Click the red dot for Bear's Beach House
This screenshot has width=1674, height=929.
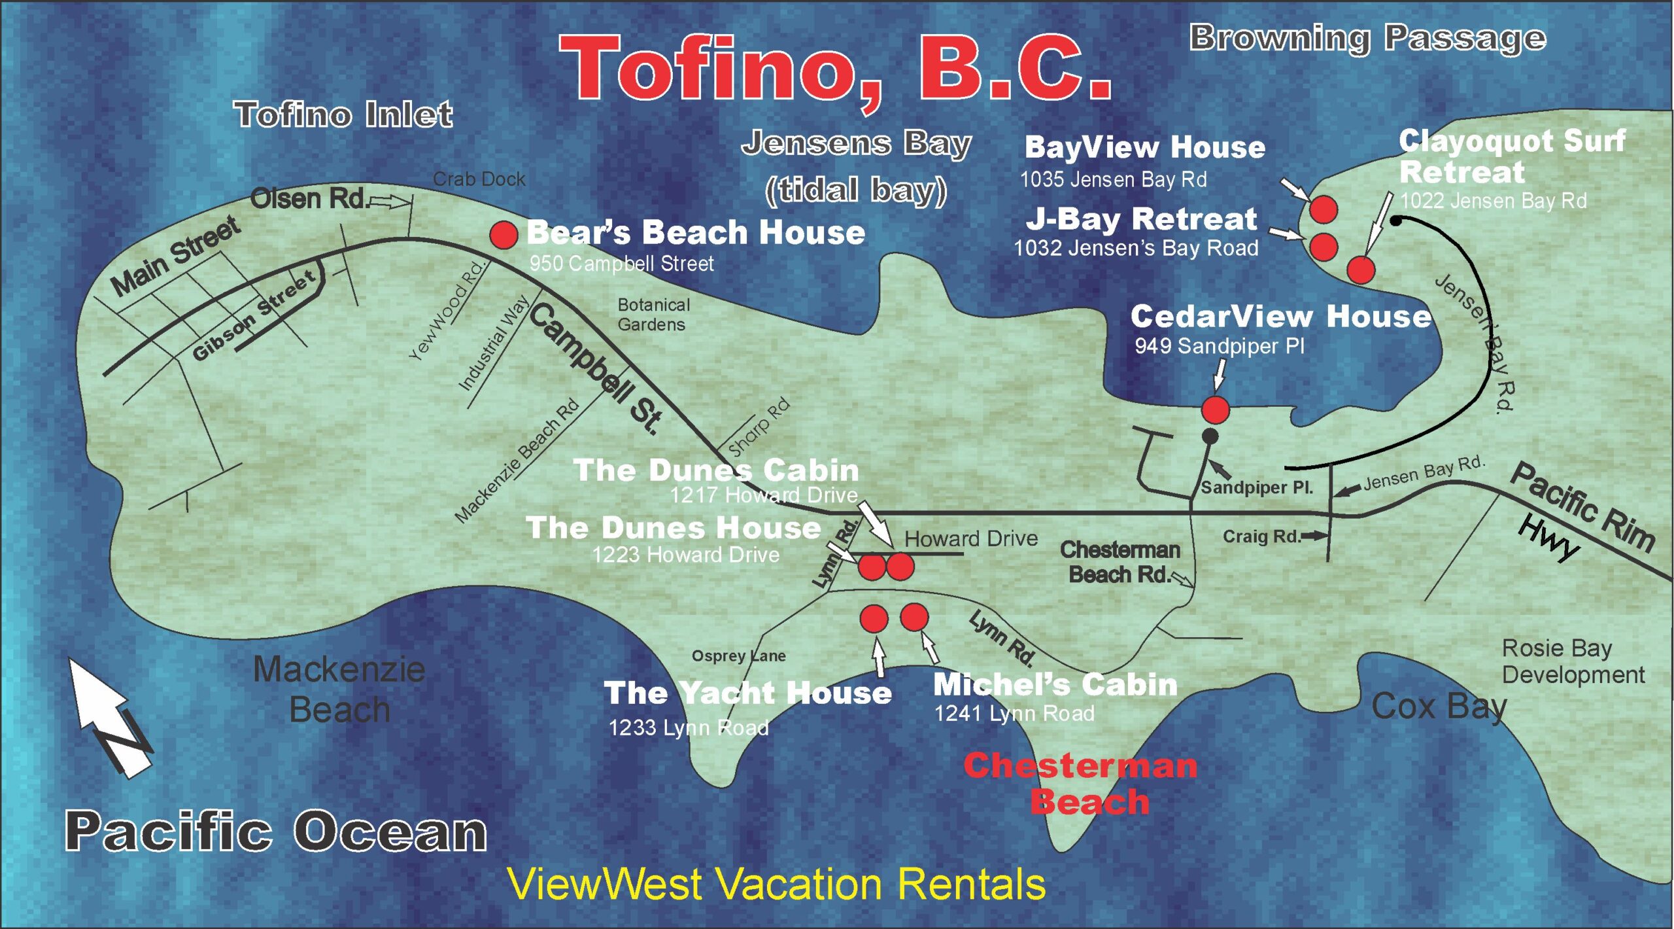pyautogui.click(x=504, y=235)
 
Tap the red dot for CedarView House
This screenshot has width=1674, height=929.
pyautogui.click(x=1216, y=410)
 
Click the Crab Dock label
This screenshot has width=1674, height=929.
pyautogui.click(x=479, y=179)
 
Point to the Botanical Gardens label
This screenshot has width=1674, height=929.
pyautogui.click(x=653, y=315)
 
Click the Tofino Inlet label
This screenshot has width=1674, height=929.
pyautogui.click(x=343, y=114)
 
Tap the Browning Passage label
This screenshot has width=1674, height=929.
pyautogui.click(x=1367, y=38)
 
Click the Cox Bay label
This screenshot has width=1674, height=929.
pyautogui.click(x=1439, y=707)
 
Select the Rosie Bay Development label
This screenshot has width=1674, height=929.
pyautogui.click(x=1572, y=661)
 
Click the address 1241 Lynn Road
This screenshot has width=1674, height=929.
pyautogui.click(x=1014, y=713)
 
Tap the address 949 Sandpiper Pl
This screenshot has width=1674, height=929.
pyautogui.click(x=1219, y=345)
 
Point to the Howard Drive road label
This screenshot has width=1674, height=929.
pyautogui.click(x=971, y=538)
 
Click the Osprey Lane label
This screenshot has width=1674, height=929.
pyautogui.click(x=738, y=656)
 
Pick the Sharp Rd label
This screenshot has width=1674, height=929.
pyautogui.click(x=759, y=428)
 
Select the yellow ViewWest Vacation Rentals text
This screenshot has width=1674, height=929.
pyautogui.click(x=776, y=885)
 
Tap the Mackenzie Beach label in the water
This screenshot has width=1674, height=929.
pyautogui.click(x=339, y=690)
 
